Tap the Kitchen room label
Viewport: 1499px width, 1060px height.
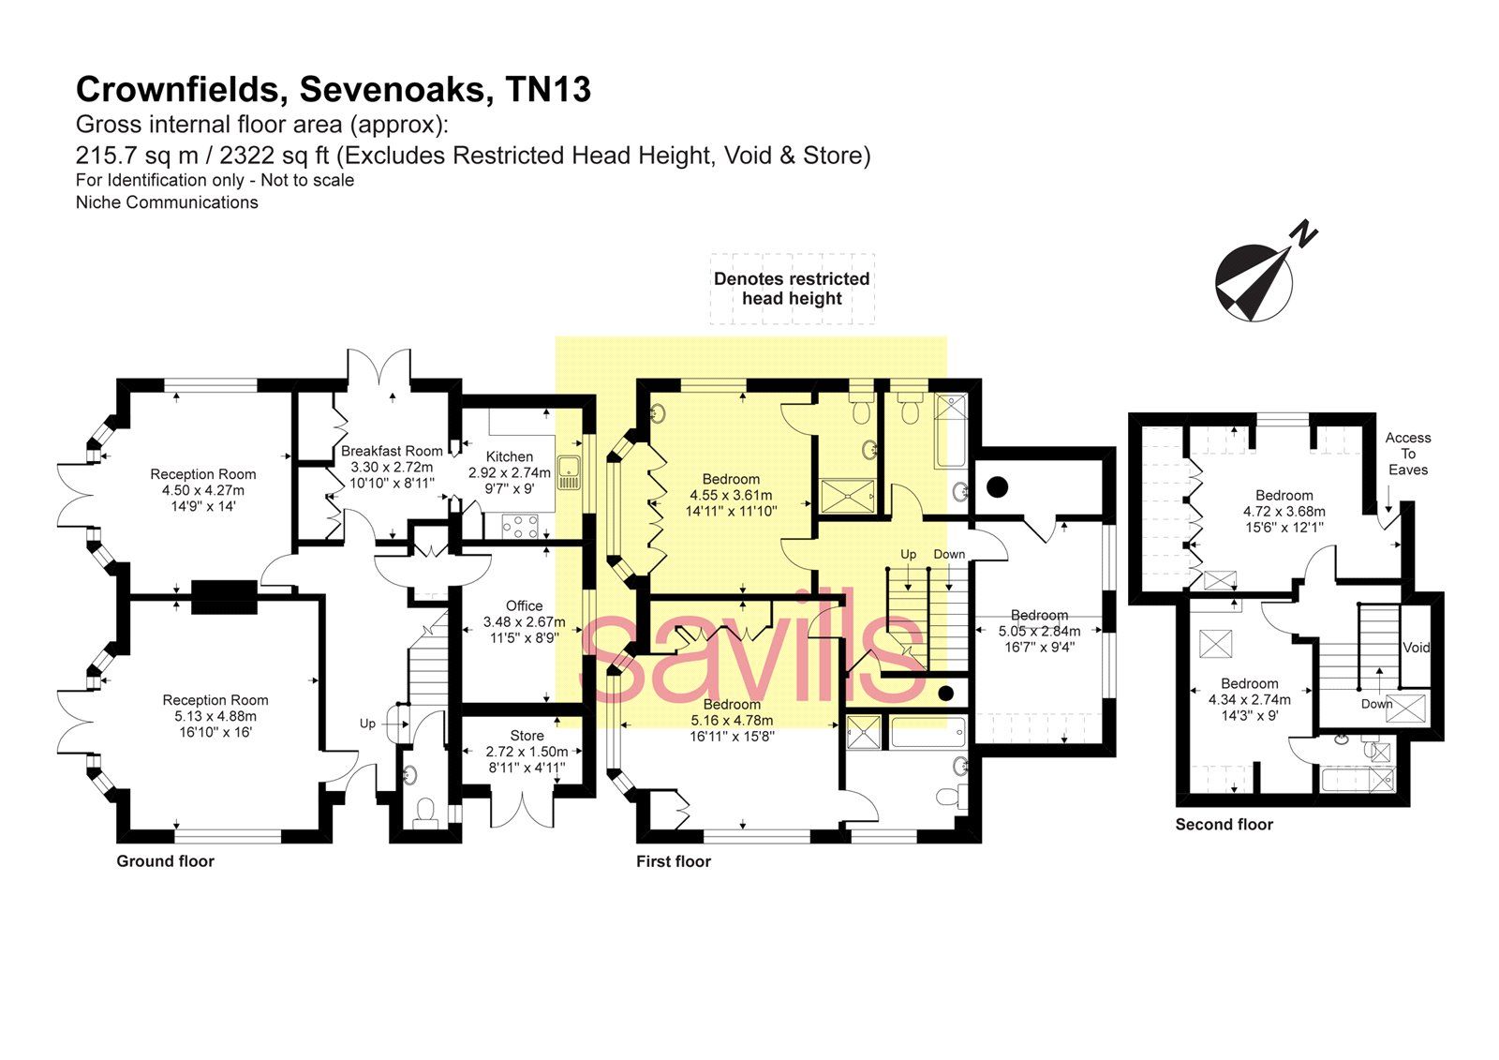tap(510, 456)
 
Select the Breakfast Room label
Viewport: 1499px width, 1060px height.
tap(392, 451)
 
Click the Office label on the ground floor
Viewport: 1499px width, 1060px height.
tap(524, 605)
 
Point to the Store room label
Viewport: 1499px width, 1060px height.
tap(527, 736)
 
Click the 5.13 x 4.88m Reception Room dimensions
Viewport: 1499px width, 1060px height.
tap(215, 716)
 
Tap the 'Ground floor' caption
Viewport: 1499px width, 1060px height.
tap(165, 861)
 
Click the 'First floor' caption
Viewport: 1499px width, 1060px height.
tap(673, 861)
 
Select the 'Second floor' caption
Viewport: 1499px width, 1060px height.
tap(1224, 825)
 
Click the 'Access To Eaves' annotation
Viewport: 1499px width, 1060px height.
tap(1408, 454)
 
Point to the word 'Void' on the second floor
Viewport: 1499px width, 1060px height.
tap(1417, 648)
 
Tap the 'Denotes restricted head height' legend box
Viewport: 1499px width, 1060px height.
tap(792, 289)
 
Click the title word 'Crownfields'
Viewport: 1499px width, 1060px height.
tap(182, 90)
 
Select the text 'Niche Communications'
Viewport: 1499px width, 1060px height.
tap(167, 202)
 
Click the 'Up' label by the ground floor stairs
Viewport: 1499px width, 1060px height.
tap(367, 724)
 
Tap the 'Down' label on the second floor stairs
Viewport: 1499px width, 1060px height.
tap(1376, 704)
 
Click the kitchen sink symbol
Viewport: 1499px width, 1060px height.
tap(569, 472)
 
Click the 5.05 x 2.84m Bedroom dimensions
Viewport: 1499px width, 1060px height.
tap(1039, 631)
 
